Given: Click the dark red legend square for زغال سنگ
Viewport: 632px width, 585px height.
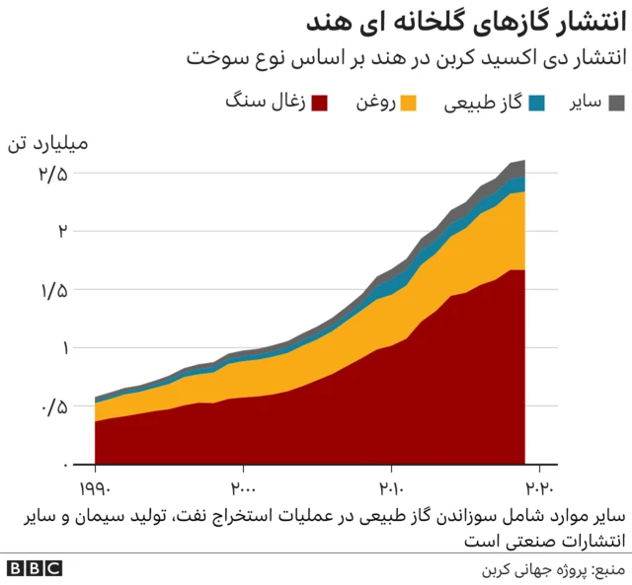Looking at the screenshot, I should (x=320, y=103).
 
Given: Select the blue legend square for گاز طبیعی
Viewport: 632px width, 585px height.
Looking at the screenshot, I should (x=537, y=103).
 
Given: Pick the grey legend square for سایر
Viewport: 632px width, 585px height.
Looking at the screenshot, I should (x=617, y=103).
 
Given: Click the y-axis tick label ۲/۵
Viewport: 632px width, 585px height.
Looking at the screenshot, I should (x=53, y=174).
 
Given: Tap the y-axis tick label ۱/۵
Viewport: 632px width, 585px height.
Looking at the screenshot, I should (x=53, y=290).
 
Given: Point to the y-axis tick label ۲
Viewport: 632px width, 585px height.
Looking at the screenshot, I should (x=62, y=232).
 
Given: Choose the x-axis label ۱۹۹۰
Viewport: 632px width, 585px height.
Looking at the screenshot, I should (x=96, y=486).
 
